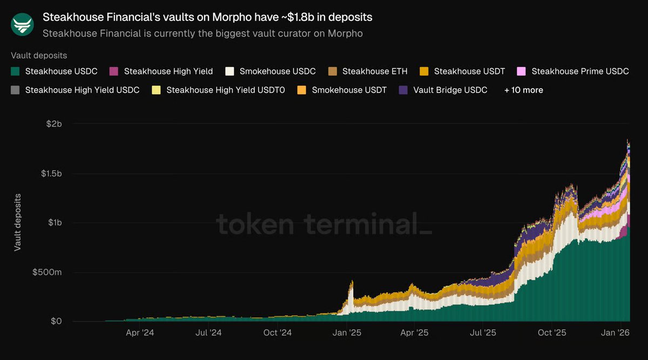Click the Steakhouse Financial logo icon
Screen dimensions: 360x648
[22, 24]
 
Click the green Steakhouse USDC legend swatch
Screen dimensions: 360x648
[15, 71]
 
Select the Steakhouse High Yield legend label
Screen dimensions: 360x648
[168, 71]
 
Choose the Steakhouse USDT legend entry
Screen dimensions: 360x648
[469, 71]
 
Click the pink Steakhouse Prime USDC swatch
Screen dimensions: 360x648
[521, 71]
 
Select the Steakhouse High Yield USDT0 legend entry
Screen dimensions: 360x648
[225, 90]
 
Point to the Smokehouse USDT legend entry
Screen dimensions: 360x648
[349, 90]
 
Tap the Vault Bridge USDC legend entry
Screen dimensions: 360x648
[450, 90]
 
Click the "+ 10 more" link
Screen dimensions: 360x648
[523, 90]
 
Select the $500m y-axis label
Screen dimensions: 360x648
[48, 272]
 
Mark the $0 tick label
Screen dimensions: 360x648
[56, 321]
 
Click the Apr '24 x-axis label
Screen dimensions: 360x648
[140, 333]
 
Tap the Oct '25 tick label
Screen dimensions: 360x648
[552, 333]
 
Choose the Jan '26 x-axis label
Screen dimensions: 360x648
[616, 333]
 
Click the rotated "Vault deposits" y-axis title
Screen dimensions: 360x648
[18, 222]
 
